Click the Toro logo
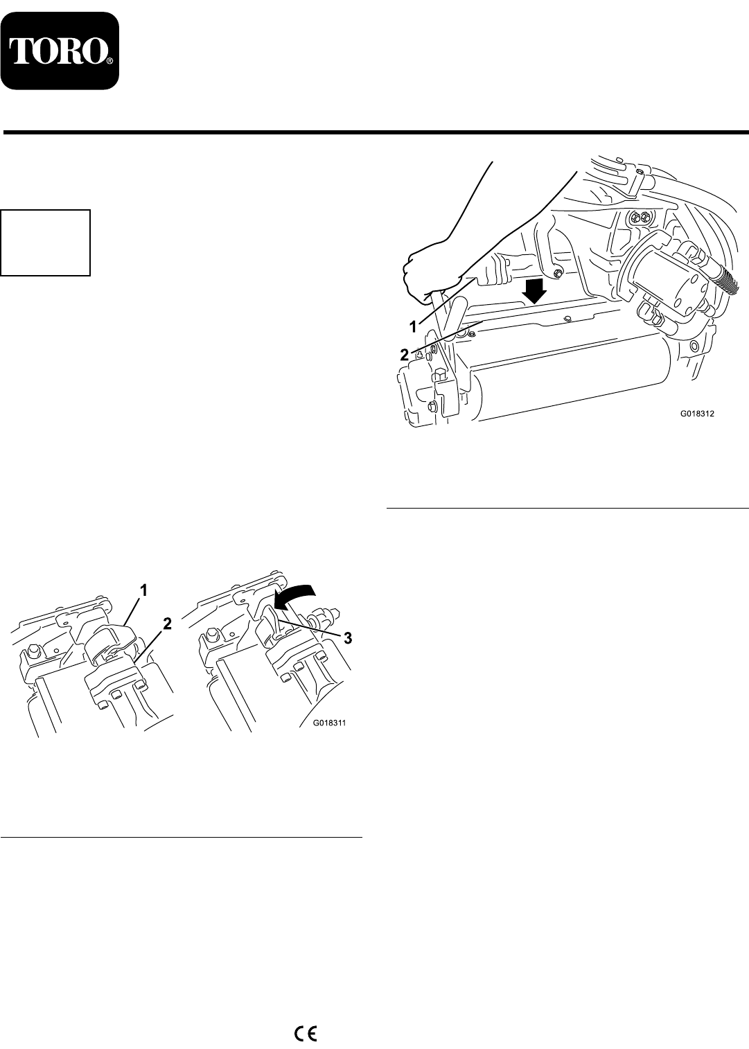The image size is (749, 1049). [x=60, y=51]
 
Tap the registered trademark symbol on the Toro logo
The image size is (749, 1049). [x=109, y=61]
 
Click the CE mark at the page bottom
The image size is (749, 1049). [x=306, y=1031]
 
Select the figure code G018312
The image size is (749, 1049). [x=698, y=414]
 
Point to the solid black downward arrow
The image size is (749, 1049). [x=535, y=291]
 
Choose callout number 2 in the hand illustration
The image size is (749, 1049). [x=404, y=355]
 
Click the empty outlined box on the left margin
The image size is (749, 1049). [x=46, y=243]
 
